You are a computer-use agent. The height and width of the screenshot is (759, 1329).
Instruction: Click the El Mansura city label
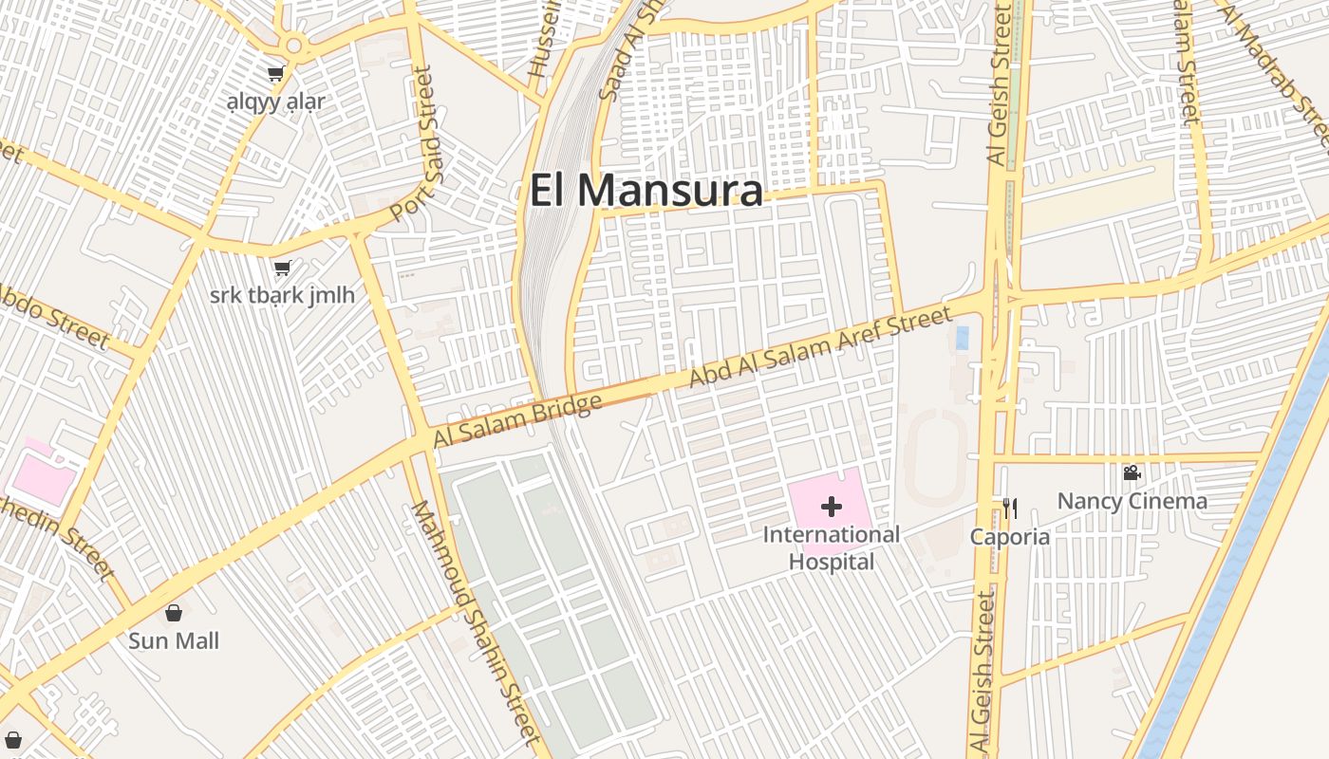click(x=646, y=191)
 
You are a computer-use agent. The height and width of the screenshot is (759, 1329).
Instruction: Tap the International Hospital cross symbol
click(x=832, y=507)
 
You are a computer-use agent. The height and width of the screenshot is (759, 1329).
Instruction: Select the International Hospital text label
click(x=832, y=548)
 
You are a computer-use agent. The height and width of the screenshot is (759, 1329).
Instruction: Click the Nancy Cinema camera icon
click(x=1132, y=472)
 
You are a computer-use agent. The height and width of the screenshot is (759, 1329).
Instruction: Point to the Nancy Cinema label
click(x=1132, y=501)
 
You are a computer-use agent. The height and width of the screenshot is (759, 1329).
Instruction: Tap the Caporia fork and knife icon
click(x=1010, y=509)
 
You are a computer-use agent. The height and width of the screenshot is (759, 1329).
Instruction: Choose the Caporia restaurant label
click(x=1010, y=537)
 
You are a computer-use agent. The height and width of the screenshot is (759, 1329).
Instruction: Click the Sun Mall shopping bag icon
click(x=174, y=613)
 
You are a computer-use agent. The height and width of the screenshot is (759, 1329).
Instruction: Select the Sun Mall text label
click(x=174, y=641)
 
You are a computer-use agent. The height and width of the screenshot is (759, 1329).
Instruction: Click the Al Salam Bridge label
click(x=517, y=420)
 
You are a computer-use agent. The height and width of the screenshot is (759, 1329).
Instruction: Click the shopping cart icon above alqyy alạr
click(x=275, y=74)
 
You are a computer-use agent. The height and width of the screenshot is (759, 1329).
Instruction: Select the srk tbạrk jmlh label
click(x=282, y=295)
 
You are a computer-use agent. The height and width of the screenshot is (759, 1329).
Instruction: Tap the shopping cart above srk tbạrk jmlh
click(x=282, y=268)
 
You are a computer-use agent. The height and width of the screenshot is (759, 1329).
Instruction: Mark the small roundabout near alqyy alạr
click(x=293, y=45)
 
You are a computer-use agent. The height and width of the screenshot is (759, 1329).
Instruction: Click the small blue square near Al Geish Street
click(x=963, y=338)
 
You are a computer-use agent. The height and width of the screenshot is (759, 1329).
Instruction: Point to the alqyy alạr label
click(x=275, y=102)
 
